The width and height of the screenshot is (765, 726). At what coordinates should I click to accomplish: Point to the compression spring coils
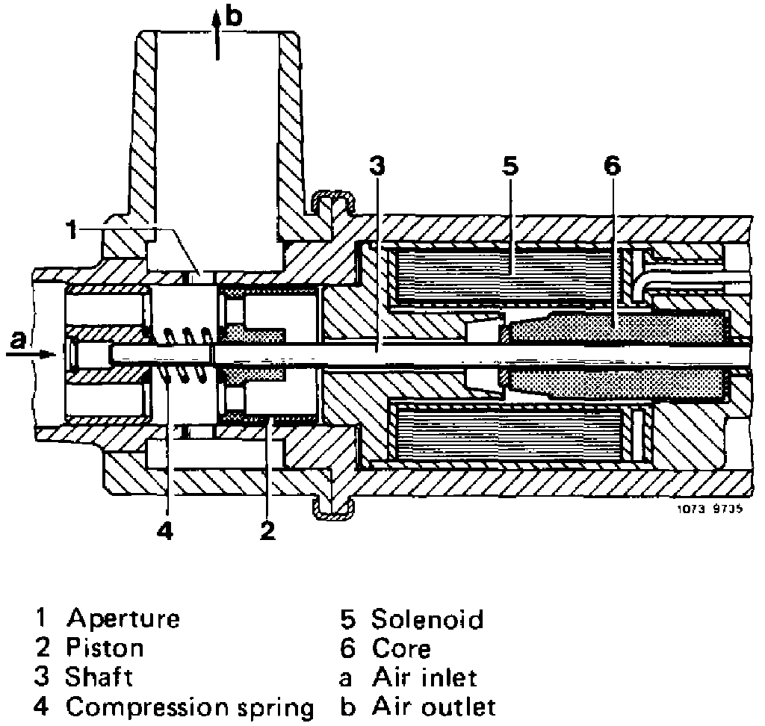(x=187, y=355)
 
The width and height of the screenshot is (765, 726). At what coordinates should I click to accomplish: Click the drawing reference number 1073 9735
(x=716, y=512)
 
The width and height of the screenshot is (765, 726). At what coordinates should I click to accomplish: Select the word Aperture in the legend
(x=123, y=618)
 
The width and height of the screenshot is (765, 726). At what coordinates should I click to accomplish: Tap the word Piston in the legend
(x=104, y=647)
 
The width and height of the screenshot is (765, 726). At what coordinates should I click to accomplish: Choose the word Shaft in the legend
(x=99, y=677)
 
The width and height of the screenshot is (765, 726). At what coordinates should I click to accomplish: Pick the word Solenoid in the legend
(x=427, y=618)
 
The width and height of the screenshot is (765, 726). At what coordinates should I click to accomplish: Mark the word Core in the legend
(x=401, y=647)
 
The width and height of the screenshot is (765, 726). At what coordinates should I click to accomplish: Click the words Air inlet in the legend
(x=424, y=677)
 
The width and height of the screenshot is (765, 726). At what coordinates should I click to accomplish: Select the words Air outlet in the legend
(x=433, y=706)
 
